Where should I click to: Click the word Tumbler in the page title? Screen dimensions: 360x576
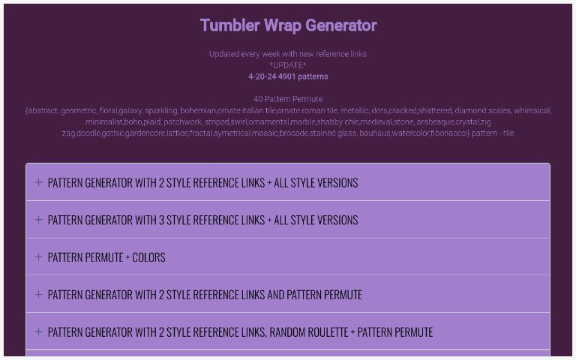pyautogui.click(x=227, y=25)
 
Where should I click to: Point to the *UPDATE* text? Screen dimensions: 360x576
pyautogui.click(x=288, y=65)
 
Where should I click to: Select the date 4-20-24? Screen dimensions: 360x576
pyautogui.click(x=262, y=76)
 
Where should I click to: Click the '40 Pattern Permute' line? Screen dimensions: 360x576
pyautogui.click(x=288, y=99)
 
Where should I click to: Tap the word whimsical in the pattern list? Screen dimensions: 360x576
pyautogui.click(x=532, y=110)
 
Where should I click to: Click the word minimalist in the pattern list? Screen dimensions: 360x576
pyautogui.click(x=103, y=121)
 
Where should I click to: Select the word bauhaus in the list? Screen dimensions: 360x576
pyautogui.click(x=375, y=133)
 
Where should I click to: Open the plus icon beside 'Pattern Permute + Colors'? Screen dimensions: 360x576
pyautogui.click(x=38, y=257)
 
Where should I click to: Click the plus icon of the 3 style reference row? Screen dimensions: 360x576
pyautogui.click(x=38, y=220)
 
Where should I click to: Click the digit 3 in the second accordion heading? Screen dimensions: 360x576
pyautogui.click(x=161, y=220)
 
